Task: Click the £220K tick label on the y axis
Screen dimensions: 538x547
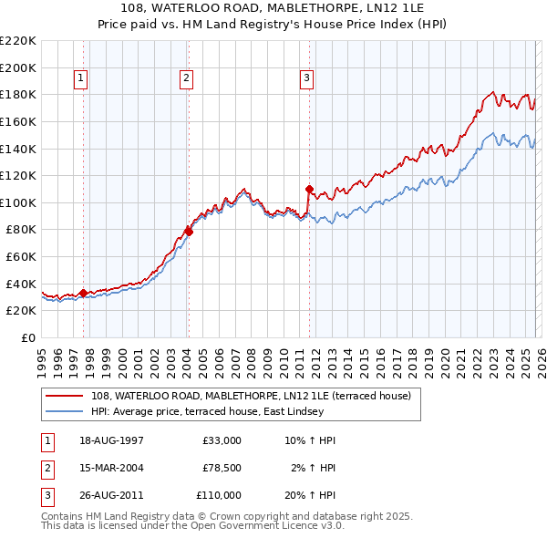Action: pos(18,41)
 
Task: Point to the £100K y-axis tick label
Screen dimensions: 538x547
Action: pos(18,202)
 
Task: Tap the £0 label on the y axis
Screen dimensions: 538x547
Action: pos(27,338)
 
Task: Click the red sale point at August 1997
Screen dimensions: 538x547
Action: pos(83,293)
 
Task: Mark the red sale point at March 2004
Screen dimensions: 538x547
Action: pos(189,232)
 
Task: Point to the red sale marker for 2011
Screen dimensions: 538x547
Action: pos(309,189)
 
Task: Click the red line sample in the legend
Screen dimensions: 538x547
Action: pos(65,396)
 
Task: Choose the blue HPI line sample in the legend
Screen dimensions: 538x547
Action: pos(65,411)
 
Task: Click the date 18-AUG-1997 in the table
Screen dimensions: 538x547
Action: pos(112,440)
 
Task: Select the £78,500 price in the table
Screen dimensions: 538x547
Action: pos(222,468)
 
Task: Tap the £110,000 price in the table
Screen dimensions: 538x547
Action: pos(219,495)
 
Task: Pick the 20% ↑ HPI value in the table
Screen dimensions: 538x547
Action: pos(309,495)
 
